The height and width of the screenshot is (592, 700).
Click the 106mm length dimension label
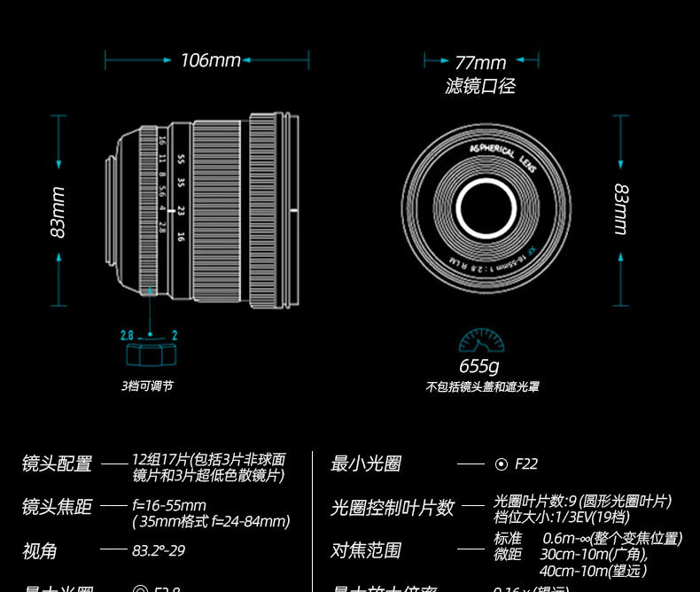210,60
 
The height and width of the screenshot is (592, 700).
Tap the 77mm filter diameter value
480,62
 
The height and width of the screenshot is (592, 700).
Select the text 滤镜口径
479,86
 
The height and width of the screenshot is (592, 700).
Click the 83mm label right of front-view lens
621,209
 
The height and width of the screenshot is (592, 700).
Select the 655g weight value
479,366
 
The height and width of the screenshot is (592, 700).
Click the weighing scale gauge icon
481,341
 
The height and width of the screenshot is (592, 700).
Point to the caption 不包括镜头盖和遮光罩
482,387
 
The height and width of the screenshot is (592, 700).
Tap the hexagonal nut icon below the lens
150,354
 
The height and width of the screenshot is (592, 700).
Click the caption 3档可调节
147,386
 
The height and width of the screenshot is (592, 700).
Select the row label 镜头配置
57,463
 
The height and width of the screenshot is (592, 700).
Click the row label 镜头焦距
57,507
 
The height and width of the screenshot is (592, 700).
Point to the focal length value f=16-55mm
169,506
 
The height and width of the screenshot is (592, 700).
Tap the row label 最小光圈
366,463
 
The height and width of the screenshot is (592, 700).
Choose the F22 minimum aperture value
526,463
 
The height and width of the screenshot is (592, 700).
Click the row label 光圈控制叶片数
393,508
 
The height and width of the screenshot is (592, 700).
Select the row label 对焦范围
366,550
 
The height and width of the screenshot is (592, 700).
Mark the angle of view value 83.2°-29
159,550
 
